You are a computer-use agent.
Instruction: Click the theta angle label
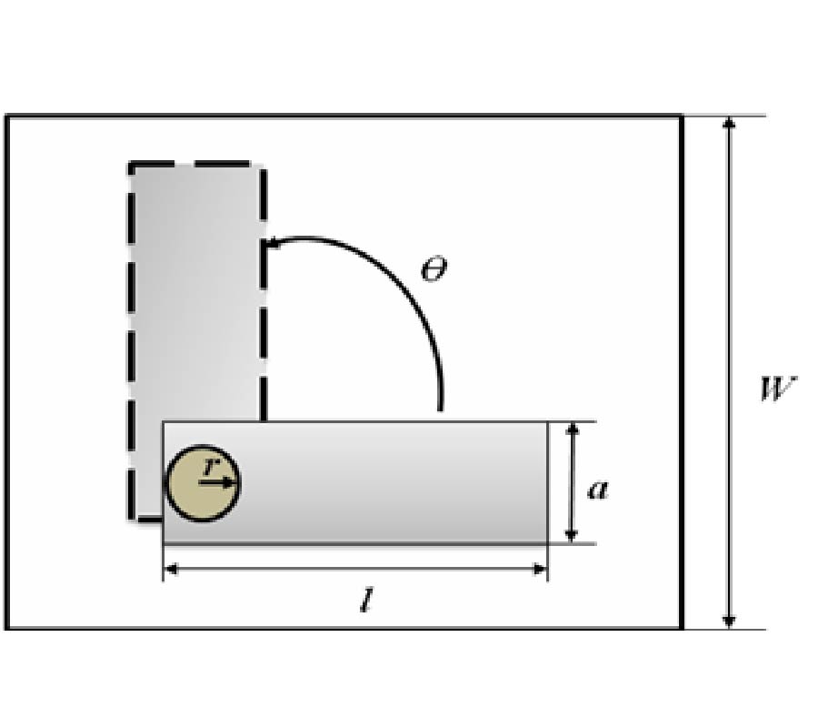pos(434,269)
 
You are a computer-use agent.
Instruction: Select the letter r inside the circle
pos(210,465)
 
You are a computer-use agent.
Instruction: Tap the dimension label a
pos(598,490)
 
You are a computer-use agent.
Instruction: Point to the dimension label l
pos(367,600)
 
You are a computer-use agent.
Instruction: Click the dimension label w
pos(778,389)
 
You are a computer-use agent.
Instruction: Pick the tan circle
pos(203,483)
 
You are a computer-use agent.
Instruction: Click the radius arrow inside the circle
pos(217,483)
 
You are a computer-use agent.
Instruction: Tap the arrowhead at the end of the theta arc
pos(273,243)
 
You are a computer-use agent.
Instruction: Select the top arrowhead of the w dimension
pos(729,123)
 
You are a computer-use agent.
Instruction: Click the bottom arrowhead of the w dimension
pos(729,622)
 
